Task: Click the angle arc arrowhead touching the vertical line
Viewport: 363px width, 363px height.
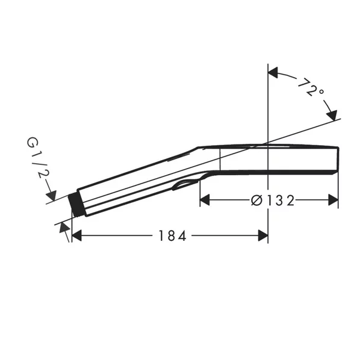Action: coord(273,73)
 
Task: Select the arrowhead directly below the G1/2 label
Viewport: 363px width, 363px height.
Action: coord(51,194)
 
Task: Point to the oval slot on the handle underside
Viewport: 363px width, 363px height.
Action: coord(185,184)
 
